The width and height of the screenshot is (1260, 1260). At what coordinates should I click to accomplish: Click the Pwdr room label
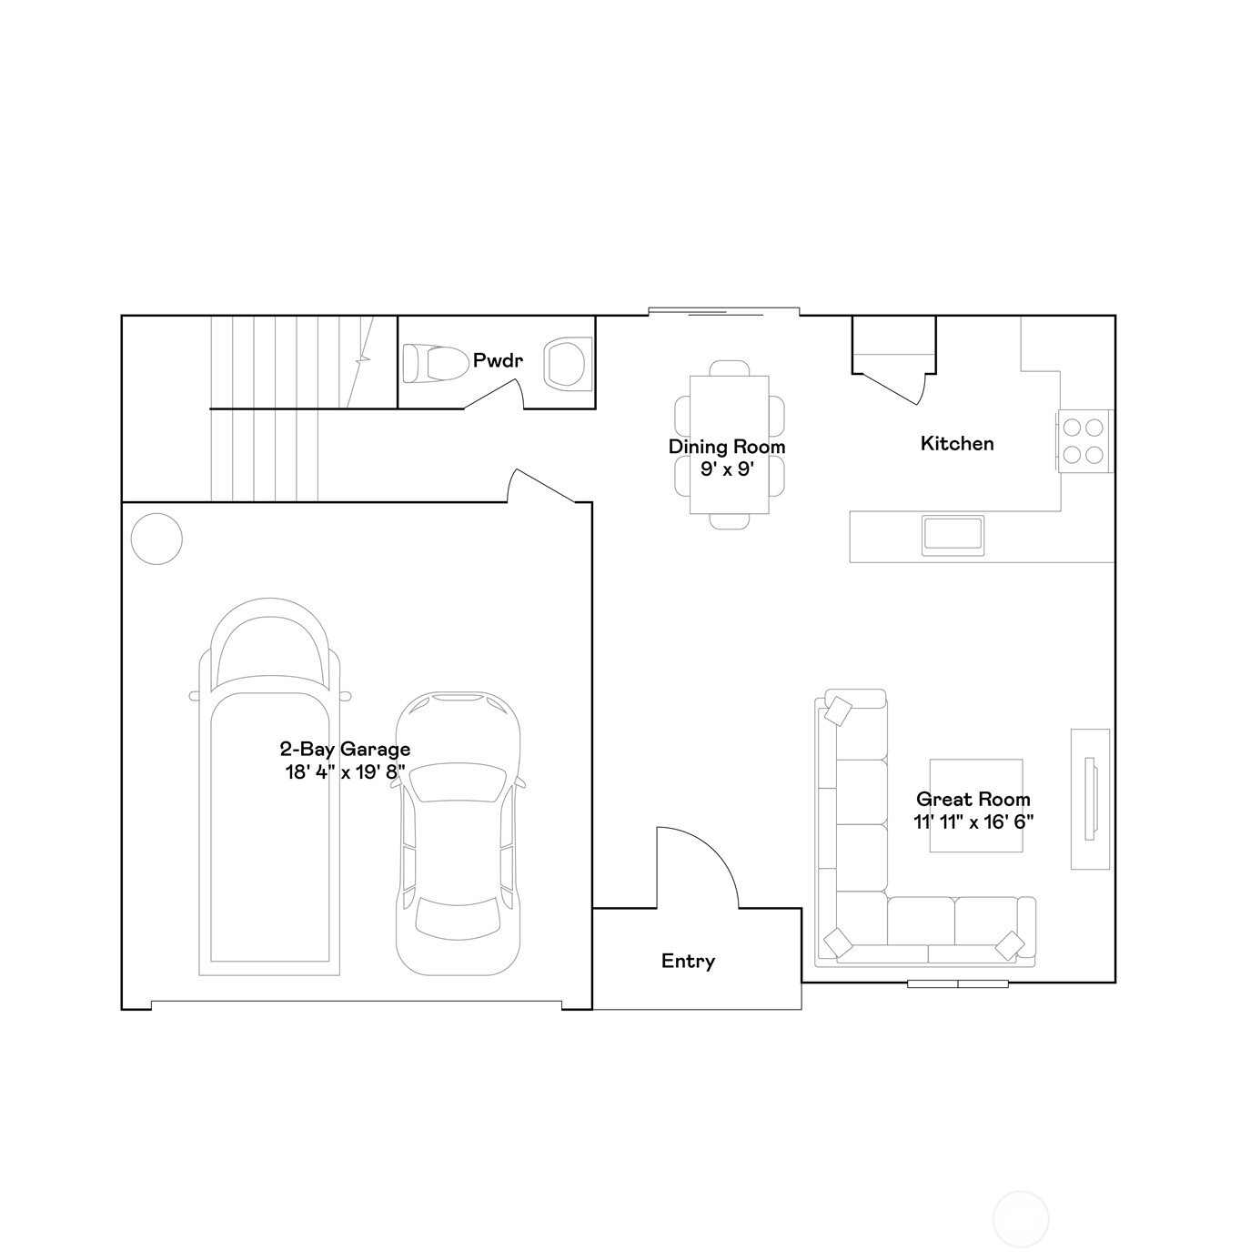pos(498,361)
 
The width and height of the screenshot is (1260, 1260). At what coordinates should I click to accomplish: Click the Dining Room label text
pos(727,447)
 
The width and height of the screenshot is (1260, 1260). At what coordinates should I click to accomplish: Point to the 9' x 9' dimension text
pos(729,469)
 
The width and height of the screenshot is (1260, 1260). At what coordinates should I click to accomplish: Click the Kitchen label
pos(957,444)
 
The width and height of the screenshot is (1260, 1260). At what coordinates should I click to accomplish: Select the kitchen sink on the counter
pos(953,535)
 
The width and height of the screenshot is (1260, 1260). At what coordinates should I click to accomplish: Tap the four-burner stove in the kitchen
pos(1084,441)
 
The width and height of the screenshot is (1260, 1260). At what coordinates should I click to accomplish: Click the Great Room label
pos(973,800)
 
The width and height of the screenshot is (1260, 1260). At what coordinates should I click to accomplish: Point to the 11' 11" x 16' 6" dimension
pos(973,822)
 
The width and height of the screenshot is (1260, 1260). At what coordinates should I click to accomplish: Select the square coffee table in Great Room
pos(975,806)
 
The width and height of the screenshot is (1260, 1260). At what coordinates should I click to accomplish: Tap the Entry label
pos(688,961)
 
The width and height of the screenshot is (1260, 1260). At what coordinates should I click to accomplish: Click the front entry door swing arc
pos(710,855)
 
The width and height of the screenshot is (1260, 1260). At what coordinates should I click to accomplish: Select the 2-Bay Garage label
pos(345,750)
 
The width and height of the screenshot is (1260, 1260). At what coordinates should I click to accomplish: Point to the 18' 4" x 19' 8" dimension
pos(345,772)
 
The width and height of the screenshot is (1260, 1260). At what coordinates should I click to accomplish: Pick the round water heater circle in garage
pos(156,539)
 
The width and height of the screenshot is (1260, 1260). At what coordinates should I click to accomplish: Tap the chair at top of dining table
pos(729,368)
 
